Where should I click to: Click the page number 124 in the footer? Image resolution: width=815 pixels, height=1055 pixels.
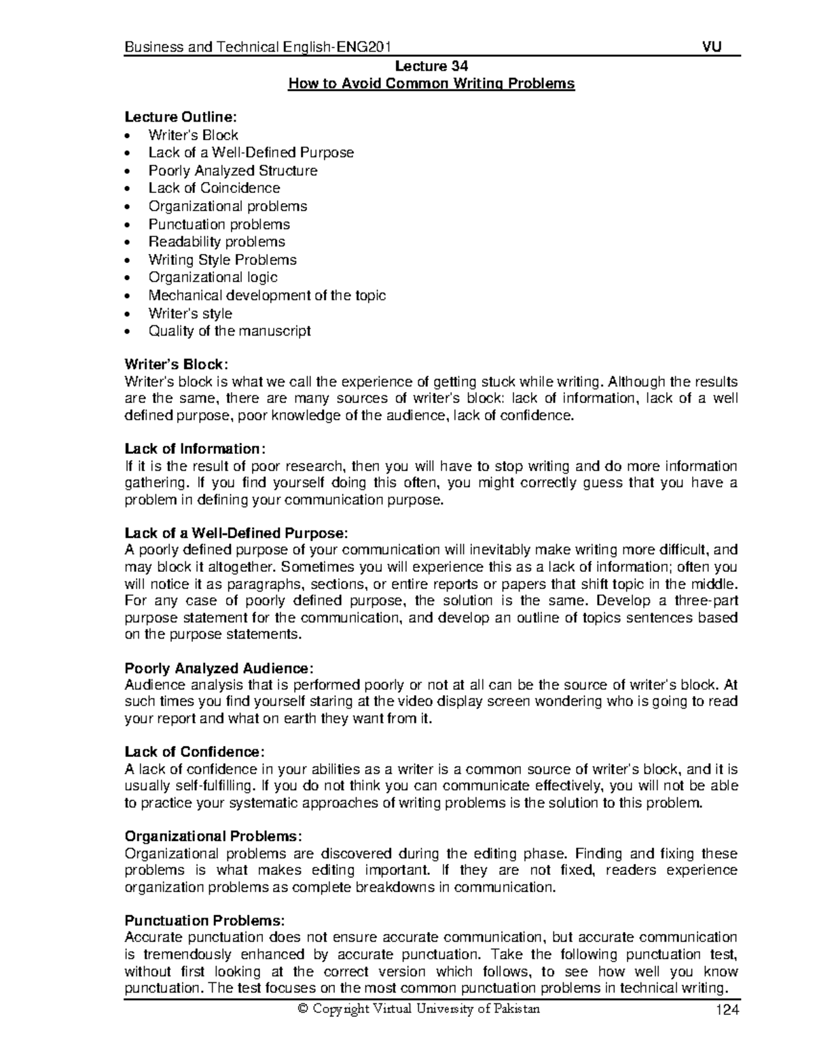[725, 1010]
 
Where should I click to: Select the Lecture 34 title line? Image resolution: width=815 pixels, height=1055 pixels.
[431, 66]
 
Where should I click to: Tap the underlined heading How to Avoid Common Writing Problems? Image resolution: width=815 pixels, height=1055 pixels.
[431, 84]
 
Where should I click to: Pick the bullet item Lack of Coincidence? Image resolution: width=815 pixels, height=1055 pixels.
[214, 188]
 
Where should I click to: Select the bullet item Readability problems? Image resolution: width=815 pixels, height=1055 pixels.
[217, 242]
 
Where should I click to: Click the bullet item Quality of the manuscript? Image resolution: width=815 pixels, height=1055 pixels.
[230, 331]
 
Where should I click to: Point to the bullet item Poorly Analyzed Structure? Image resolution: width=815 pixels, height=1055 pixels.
[233, 171]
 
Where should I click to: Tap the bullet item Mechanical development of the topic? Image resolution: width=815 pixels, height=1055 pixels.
[267, 296]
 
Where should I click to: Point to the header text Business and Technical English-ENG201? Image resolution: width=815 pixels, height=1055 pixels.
[257, 47]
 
